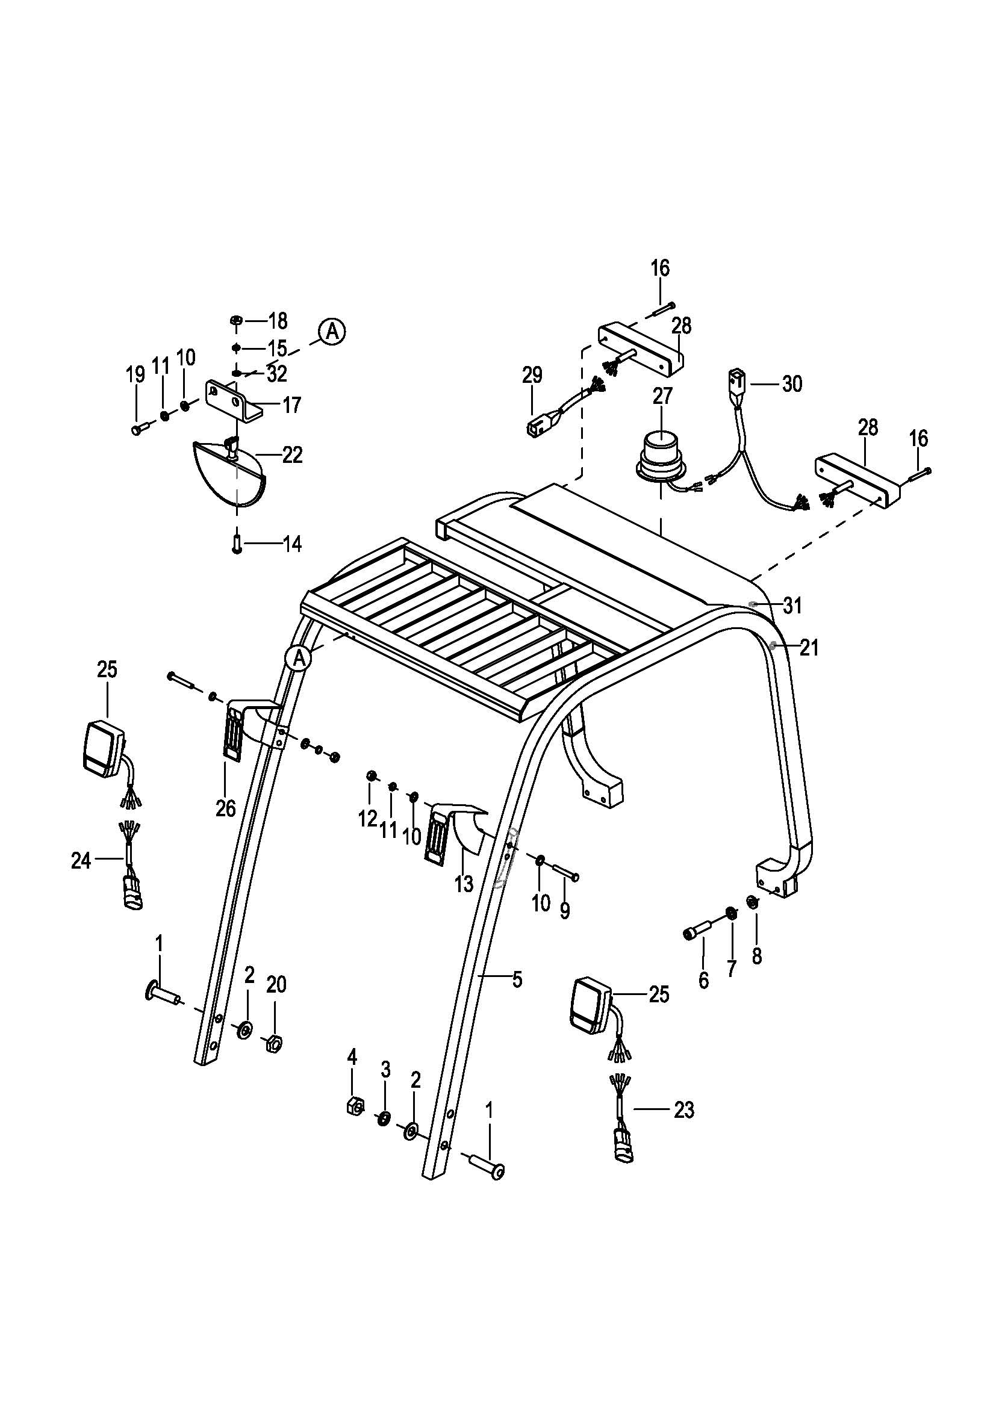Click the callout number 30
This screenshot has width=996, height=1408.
point(792,384)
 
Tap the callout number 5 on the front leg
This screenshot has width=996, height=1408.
point(518,980)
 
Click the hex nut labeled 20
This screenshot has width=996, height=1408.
point(275,1043)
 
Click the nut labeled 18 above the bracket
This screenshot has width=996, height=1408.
point(237,320)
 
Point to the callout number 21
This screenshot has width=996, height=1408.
point(809,648)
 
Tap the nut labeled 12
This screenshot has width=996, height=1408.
point(371,777)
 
